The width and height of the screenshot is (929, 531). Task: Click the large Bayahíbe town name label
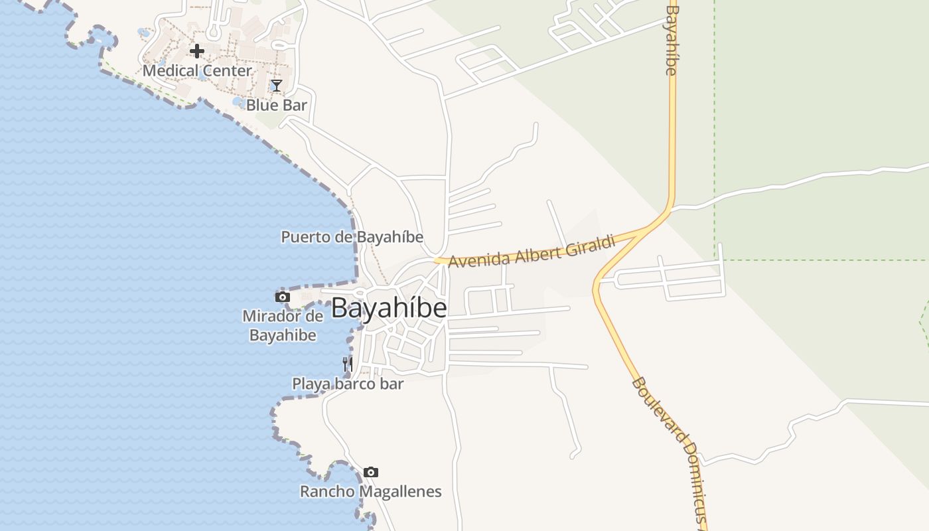click(389, 308)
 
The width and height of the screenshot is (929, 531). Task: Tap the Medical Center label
click(197, 70)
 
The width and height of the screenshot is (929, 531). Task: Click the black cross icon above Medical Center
click(196, 50)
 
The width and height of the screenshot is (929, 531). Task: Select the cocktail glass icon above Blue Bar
click(276, 86)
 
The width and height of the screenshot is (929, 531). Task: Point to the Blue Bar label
click(277, 105)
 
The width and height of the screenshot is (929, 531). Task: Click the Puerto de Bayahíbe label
click(352, 237)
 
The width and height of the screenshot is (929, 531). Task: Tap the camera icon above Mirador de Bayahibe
click(283, 297)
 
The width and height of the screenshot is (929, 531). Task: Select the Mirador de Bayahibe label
click(283, 325)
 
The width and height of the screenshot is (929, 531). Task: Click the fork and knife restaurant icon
click(347, 364)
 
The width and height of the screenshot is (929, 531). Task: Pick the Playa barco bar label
click(348, 384)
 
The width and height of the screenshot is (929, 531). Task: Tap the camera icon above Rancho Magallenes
click(371, 473)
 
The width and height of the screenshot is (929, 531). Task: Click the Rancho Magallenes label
click(370, 492)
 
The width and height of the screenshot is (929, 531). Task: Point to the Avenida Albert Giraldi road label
click(532, 253)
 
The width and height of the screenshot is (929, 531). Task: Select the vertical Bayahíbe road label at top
click(672, 40)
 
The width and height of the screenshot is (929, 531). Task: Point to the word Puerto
click(302, 237)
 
